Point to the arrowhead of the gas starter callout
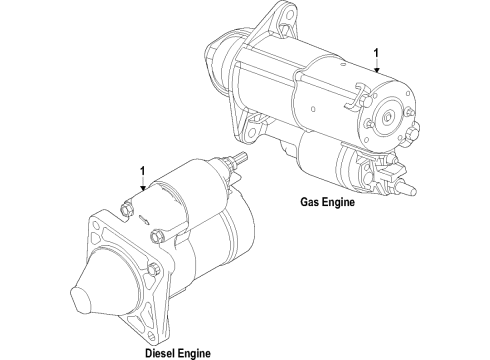375,74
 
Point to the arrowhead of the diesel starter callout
143,191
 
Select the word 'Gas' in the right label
311,201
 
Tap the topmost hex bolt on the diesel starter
125,208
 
